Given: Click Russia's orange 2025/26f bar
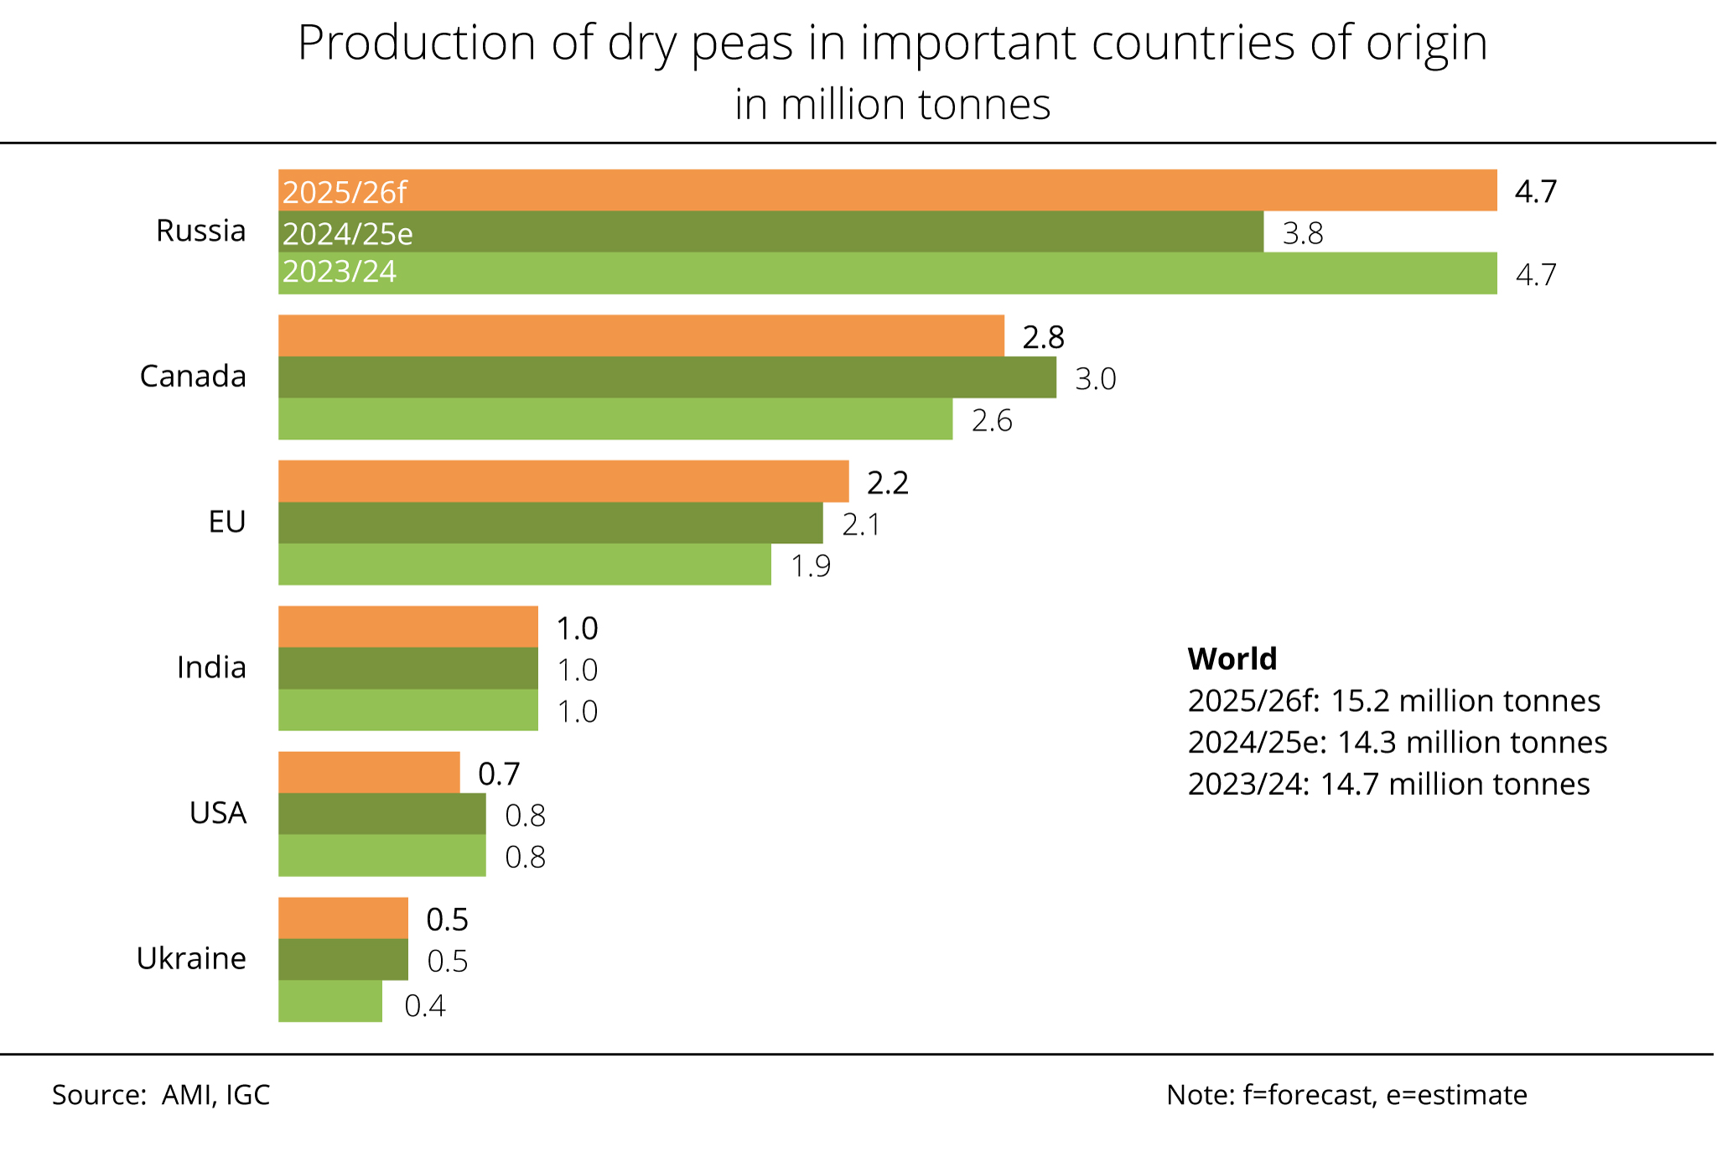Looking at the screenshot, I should [x=887, y=190].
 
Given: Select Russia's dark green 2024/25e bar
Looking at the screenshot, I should [x=770, y=232].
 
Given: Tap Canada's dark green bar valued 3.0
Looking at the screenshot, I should [x=667, y=377].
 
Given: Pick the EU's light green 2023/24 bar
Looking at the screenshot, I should [x=524, y=564].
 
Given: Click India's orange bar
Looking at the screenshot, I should [x=407, y=627].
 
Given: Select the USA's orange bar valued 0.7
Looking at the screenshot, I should [x=369, y=772].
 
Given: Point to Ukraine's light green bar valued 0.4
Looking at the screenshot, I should [x=329, y=1001].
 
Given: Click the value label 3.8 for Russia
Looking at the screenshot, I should [x=1302, y=233].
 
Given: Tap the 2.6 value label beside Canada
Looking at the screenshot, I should [x=991, y=420].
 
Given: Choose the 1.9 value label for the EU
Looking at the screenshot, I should [x=811, y=566].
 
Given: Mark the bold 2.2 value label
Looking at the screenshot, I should [x=887, y=483].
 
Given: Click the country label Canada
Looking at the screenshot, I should [x=193, y=376].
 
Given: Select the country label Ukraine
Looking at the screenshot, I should [x=191, y=958].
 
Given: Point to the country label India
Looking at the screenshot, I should [x=211, y=667].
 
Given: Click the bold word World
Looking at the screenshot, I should [x=1232, y=659].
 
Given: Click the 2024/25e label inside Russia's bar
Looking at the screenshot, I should [x=347, y=233].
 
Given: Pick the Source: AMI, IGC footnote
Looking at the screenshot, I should [x=161, y=1095].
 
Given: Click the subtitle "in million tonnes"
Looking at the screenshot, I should [x=892, y=105].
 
